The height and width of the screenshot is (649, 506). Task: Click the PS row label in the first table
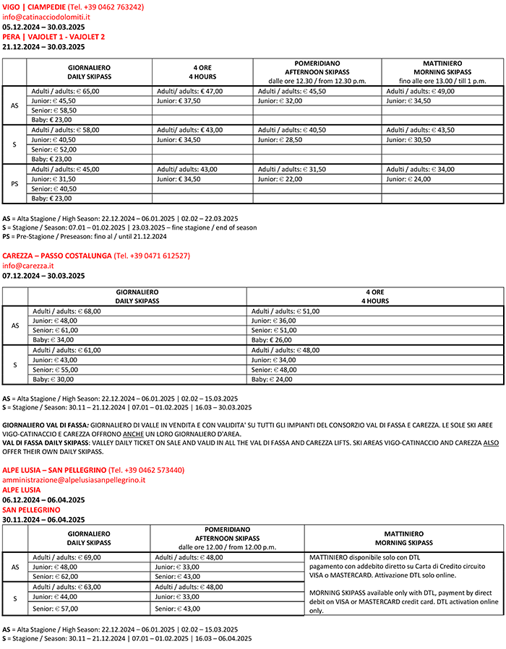[x=14, y=184]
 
